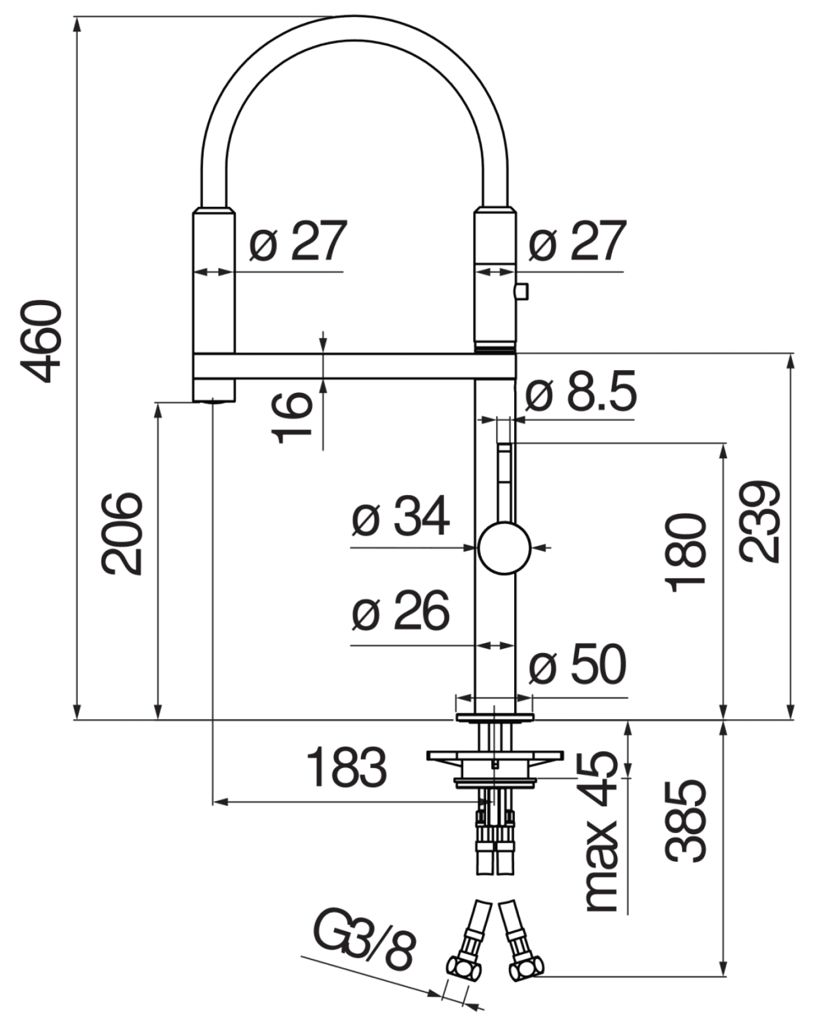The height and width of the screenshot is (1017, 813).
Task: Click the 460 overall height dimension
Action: tap(43, 341)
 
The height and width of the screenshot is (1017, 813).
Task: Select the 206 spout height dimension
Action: tap(122, 534)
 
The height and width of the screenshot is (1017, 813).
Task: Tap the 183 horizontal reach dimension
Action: tap(347, 767)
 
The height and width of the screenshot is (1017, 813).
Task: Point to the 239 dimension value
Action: tap(760, 522)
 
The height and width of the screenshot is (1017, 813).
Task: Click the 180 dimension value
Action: tap(687, 553)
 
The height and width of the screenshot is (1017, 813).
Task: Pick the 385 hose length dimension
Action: tap(686, 821)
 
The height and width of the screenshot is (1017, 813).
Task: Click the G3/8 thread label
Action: tap(364, 938)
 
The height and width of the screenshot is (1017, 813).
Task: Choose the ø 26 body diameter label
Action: tap(400, 611)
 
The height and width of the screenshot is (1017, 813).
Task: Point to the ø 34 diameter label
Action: tap(400, 516)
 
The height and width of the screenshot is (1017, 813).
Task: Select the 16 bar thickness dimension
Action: tap(292, 416)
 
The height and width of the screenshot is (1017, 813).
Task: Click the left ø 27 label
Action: tap(297, 241)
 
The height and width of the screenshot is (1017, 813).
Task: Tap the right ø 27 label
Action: tap(577, 241)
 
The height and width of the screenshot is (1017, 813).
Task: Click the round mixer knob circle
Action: tap(504, 548)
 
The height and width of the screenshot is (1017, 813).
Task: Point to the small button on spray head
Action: tap(522, 290)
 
